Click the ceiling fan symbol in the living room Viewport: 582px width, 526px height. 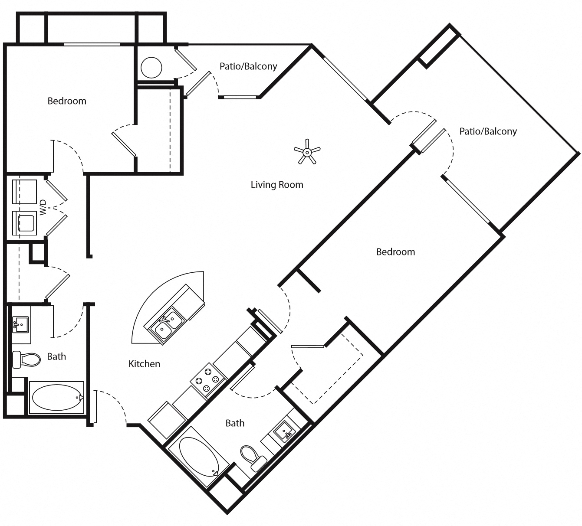307,152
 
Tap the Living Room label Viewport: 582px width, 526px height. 277,185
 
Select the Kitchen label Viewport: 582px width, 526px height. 144,364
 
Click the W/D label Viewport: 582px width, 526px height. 43,207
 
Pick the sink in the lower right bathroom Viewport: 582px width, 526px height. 285,431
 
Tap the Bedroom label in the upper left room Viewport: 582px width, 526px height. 67,101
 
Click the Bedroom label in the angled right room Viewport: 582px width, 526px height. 395,252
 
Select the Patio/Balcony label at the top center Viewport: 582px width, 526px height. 248,66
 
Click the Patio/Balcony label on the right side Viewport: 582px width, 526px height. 488,131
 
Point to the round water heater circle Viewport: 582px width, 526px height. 151,68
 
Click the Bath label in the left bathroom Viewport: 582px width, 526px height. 56,356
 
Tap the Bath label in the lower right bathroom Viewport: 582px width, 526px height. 235,423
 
